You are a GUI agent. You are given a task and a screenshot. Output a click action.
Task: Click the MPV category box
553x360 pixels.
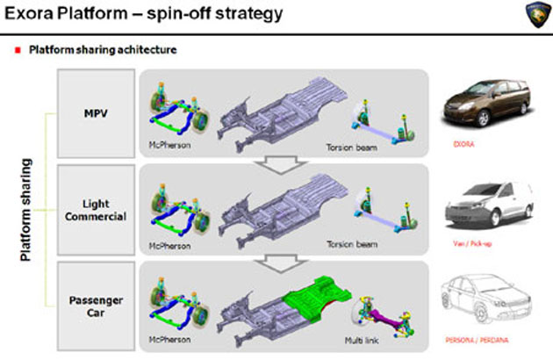96,114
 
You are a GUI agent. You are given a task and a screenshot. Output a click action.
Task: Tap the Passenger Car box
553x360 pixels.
96,305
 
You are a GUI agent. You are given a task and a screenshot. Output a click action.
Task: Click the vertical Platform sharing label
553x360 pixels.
26,211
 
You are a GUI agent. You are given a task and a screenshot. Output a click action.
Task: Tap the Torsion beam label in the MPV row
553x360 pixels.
351,147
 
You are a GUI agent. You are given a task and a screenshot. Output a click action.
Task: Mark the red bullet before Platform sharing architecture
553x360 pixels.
18,50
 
